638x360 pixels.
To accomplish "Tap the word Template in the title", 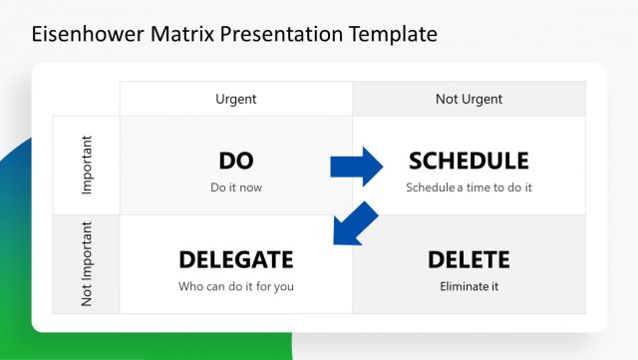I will (x=393, y=34).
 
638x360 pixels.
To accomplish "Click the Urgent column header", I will (x=235, y=99).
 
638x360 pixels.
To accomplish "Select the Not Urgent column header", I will (x=469, y=99).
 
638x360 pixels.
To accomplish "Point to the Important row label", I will (x=86, y=165).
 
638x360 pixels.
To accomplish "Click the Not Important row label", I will (x=86, y=264).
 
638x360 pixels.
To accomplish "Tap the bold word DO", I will (x=235, y=161).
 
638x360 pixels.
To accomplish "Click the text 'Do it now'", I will (x=235, y=186).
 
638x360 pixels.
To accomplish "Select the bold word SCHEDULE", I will (x=469, y=161).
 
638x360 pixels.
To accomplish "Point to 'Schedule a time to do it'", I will (x=469, y=186).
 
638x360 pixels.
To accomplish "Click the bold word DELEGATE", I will (x=235, y=260).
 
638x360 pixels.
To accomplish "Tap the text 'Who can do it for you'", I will (x=235, y=286).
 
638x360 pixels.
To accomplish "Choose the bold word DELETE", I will (x=469, y=260).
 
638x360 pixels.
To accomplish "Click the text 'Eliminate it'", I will (x=469, y=286).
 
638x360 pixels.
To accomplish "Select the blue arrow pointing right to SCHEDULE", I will (x=357, y=166).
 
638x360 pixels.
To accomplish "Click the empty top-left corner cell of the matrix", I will (x=86, y=99).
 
